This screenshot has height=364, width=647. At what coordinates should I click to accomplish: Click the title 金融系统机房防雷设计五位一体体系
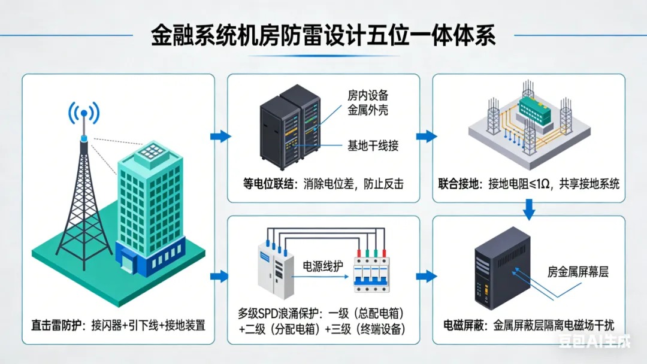tap(323, 34)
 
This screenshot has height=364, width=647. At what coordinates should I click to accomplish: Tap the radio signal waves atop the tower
tap(84, 113)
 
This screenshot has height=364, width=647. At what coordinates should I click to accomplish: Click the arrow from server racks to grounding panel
tap(426, 136)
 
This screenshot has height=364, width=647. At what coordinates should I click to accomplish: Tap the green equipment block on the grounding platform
tap(537, 109)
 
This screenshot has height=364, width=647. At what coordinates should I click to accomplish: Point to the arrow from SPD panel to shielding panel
tap(426, 276)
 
